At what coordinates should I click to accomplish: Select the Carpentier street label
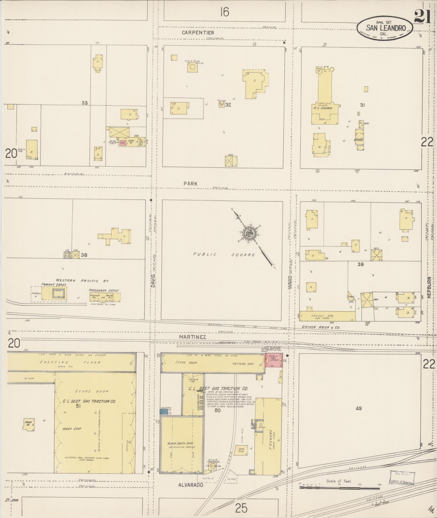click(198, 32)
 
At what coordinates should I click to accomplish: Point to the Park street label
click(190, 184)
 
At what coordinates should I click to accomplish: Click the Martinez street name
click(192, 337)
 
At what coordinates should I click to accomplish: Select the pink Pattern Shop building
click(273, 360)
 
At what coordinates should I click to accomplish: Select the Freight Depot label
click(54, 285)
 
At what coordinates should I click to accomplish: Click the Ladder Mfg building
click(327, 316)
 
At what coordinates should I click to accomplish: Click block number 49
click(358, 408)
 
